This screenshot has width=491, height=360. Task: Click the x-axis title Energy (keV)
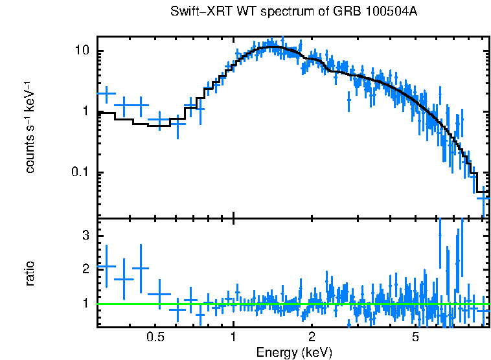point(294,352)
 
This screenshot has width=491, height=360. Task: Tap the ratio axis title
point(30,273)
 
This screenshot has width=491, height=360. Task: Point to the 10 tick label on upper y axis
point(82,51)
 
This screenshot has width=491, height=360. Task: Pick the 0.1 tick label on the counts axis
point(80,172)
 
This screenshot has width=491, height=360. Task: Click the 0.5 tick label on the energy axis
point(155,337)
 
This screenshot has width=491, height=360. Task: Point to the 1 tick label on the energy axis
point(233,337)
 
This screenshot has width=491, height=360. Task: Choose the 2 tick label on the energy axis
point(312,337)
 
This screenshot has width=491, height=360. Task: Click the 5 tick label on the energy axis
point(415,337)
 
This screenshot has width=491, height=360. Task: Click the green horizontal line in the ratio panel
point(291,304)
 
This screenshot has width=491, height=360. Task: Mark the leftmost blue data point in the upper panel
point(106,94)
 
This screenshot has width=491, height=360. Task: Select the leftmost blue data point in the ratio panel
point(106,266)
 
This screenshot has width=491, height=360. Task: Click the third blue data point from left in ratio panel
point(141,267)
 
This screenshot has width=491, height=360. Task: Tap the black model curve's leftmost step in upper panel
point(106,113)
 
